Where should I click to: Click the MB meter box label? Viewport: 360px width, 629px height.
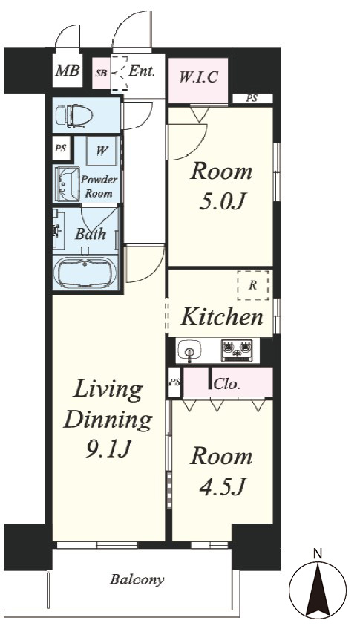point(68,71)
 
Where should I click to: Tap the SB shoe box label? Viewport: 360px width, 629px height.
point(101,74)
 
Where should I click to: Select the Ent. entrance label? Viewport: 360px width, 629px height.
point(142,71)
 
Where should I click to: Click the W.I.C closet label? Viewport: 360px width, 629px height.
point(198,77)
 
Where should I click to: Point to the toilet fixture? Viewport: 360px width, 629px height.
point(73,116)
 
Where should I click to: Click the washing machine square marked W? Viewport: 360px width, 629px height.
point(102,151)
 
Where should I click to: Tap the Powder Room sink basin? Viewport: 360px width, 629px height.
point(66,184)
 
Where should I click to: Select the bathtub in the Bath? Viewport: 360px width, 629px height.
point(85,273)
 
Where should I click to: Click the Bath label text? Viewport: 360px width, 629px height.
point(91,233)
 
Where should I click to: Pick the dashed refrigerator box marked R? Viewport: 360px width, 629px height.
point(253,285)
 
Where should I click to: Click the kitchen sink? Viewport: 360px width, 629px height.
point(189,351)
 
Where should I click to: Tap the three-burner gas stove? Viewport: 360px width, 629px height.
point(238,351)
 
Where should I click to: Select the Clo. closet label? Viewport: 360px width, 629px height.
point(227,384)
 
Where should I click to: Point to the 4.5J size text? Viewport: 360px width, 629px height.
point(222,486)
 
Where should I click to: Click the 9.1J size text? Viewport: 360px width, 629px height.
point(108,450)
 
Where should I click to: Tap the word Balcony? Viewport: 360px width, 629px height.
point(137,580)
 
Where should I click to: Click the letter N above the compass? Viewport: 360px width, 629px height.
point(318,554)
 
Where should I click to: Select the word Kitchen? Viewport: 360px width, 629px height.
point(222,317)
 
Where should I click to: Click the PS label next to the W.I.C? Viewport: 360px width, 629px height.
point(252,98)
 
